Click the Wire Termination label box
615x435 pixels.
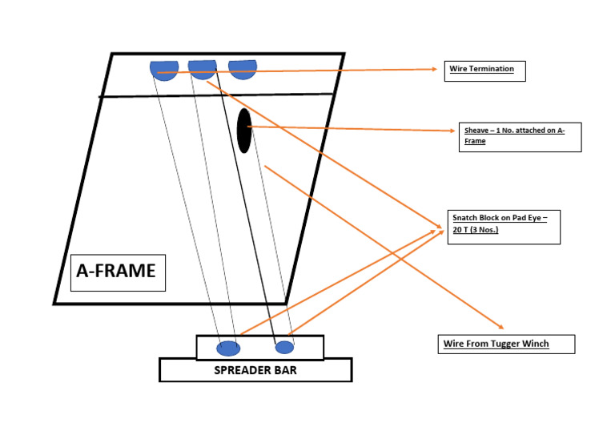485,70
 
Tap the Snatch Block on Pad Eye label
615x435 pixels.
504,227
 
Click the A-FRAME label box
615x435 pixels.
117,272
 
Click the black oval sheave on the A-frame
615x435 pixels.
244,131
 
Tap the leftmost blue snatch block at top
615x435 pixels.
164,70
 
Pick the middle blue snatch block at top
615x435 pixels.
203,68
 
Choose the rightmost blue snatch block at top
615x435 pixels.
242,69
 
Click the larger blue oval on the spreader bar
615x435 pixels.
228,348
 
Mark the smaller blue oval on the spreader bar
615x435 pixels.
284,347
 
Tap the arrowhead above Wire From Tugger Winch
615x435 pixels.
500,326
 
